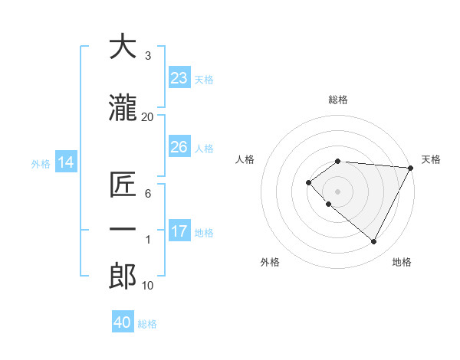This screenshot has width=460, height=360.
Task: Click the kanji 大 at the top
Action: pos(123,47)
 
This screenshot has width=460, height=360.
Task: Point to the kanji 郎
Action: pos(123,277)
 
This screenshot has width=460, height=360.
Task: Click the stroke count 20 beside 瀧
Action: pos(147,116)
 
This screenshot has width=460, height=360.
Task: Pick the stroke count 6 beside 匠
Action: pos(147,194)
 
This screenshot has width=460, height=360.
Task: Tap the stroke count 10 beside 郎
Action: pos(147,286)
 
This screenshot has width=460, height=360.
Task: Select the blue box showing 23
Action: pos(179,77)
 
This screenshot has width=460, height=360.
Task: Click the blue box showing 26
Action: pos(179,146)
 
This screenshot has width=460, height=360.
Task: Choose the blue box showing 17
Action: pos(179,231)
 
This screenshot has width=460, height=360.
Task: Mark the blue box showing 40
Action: pos(123,322)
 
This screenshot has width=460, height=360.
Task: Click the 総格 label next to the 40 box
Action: pos(148,324)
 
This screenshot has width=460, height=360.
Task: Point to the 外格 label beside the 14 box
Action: pos(41,163)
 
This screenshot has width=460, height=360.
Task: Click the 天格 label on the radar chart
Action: pos(431,159)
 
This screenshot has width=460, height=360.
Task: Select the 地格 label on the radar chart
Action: pos(402,262)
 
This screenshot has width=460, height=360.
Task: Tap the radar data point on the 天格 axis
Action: pos(411,168)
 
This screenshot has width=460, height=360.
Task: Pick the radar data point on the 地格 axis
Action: pos(373,242)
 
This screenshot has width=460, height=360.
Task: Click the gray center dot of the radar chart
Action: pos(337,191)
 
